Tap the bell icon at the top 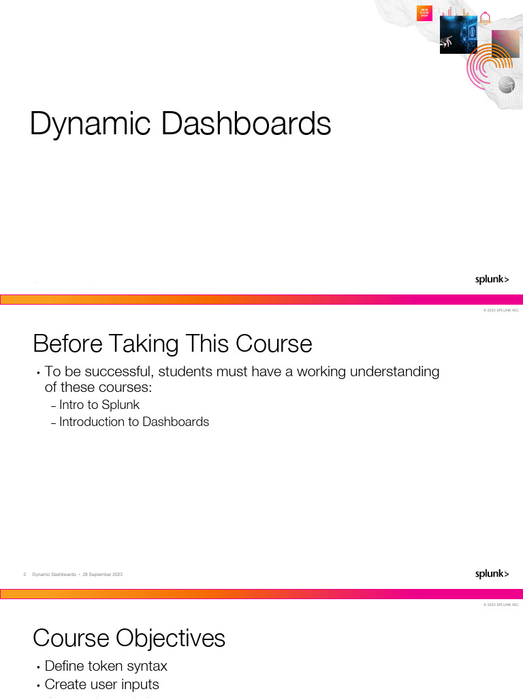click(485, 18)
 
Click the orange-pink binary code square click(424, 13)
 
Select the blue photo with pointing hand click(458, 35)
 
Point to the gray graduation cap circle click(506, 85)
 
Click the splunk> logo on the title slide click(492, 279)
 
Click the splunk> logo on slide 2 click(492, 574)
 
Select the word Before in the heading click(65, 344)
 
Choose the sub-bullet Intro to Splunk click(99, 405)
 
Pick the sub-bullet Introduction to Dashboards click(134, 422)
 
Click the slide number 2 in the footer click(25, 575)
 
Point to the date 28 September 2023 click(102, 575)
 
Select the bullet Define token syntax click(106, 666)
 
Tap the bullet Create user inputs click(101, 684)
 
